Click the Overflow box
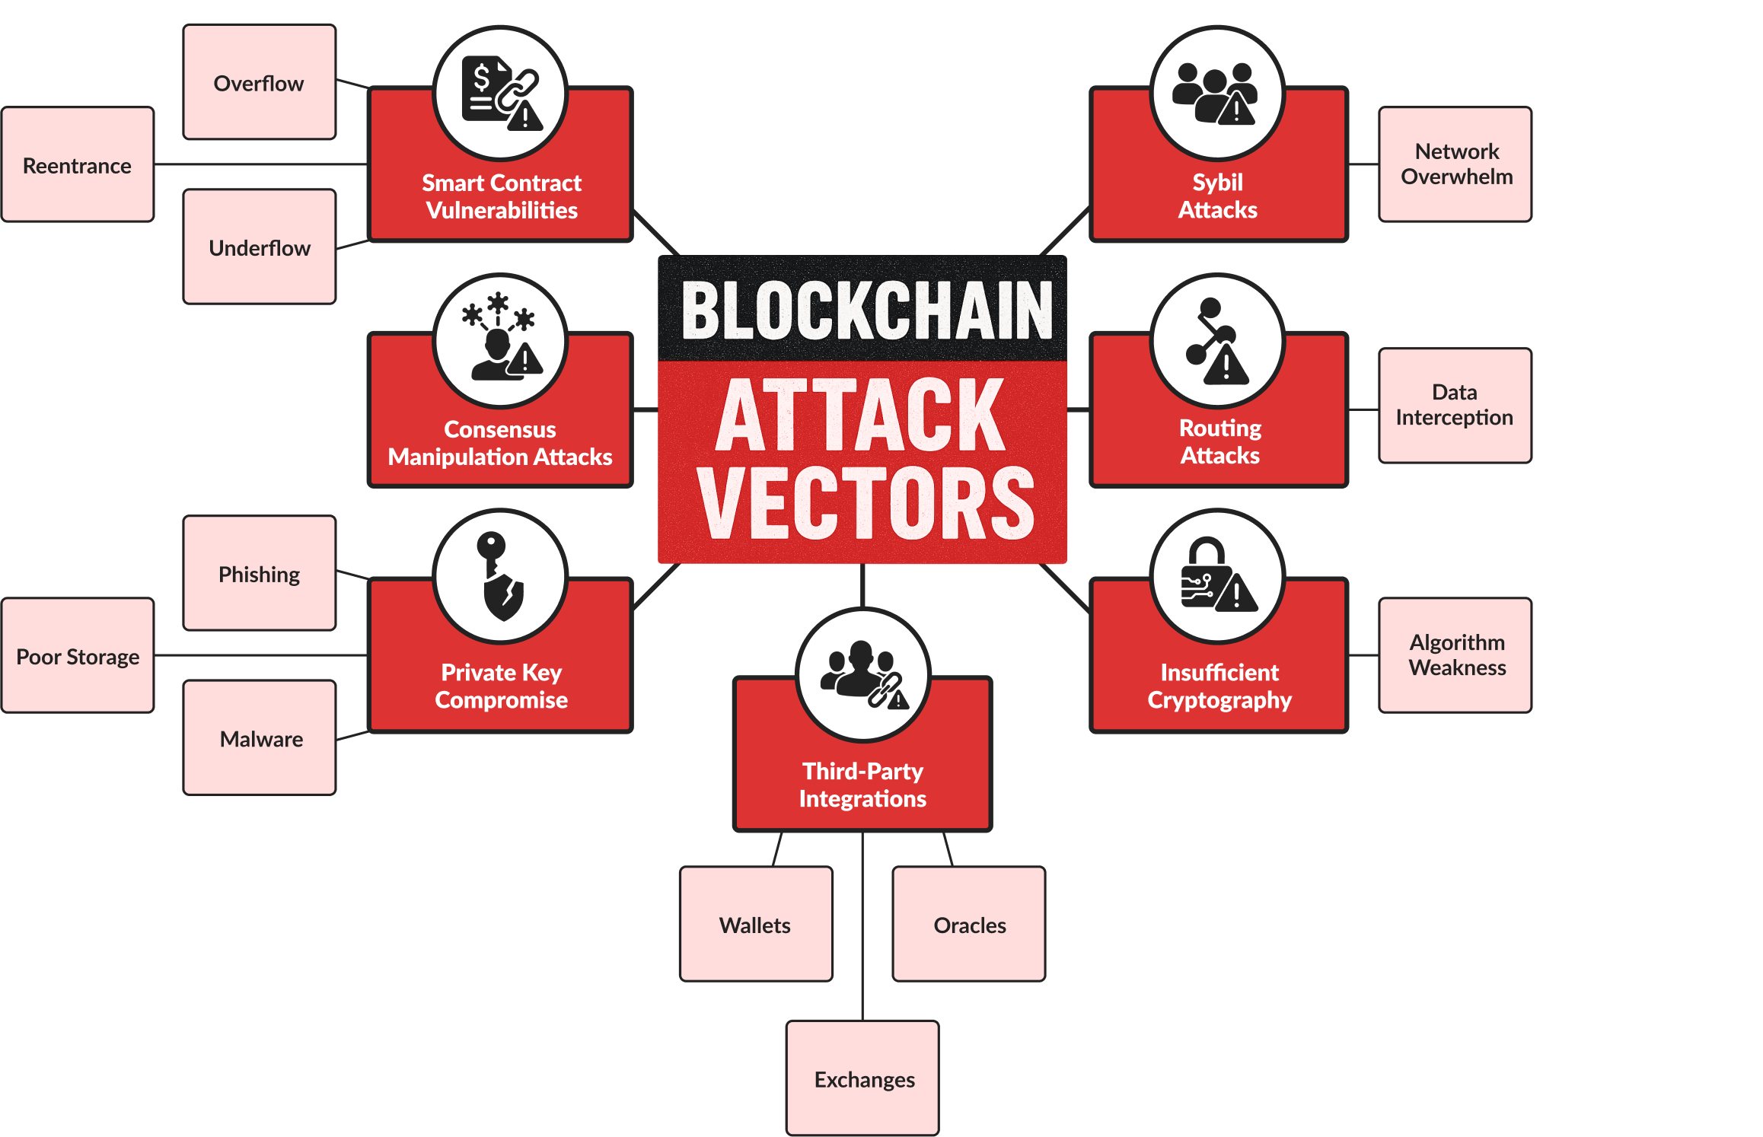[259, 82]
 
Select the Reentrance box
[78, 164]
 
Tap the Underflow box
[259, 247]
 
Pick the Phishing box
[259, 573]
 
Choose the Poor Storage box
[78, 655]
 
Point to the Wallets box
[756, 924]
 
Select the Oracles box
[969, 924]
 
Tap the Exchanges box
[862, 1078]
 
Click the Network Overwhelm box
[1455, 164]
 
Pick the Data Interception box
[1455, 405]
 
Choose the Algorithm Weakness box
[1455, 655]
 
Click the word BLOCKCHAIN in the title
[866, 310]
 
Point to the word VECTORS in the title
[866, 503]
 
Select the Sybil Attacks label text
[1218, 196]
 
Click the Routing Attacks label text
[1219, 441]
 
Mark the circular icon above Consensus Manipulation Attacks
[500, 341]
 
